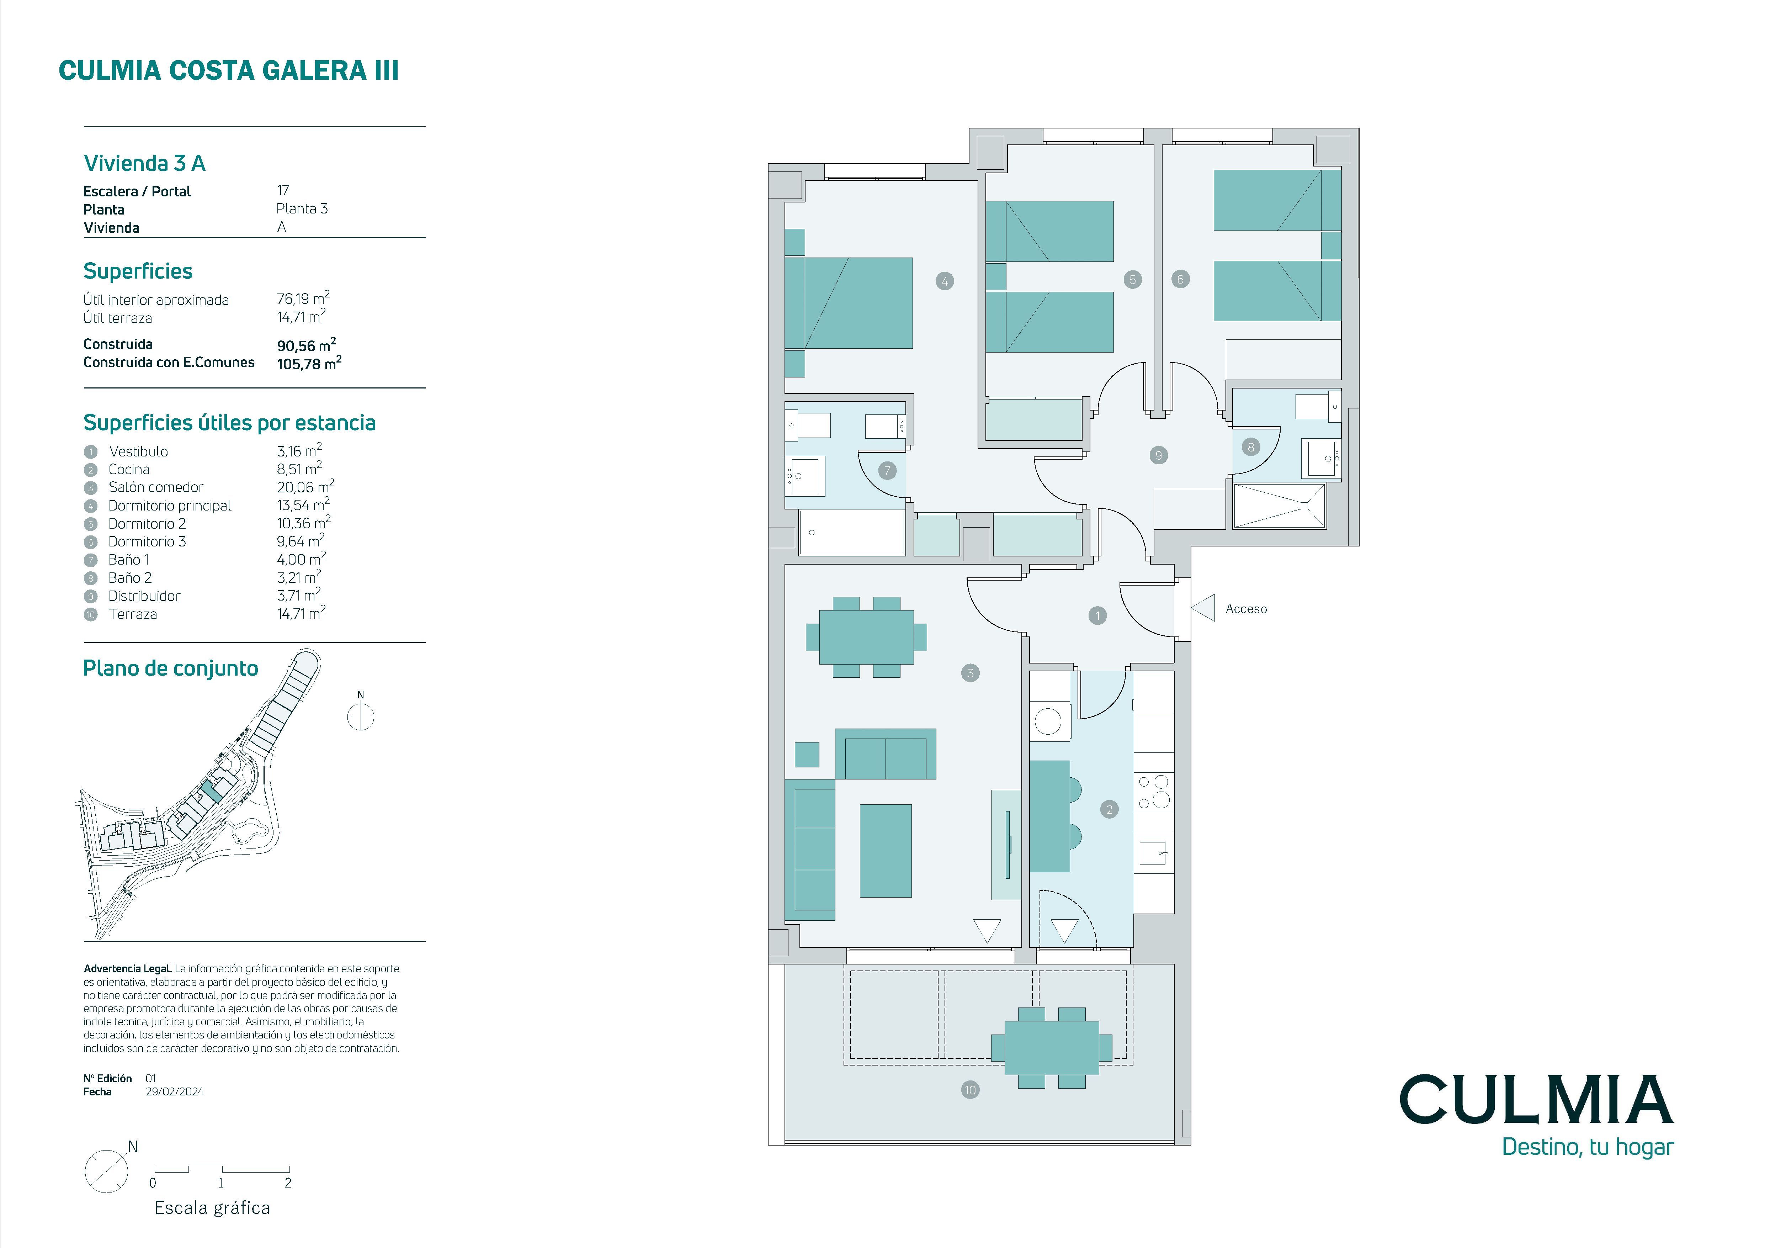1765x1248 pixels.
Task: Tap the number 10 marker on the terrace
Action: (x=970, y=1090)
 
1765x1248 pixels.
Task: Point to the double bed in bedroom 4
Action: (x=849, y=303)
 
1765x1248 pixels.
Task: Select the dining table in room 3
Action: (x=866, y=637)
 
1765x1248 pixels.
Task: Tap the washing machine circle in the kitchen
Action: (x=1048, y=721)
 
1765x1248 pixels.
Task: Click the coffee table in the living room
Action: (x=886, y=851)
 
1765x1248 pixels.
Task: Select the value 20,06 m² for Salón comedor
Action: (x=305, y=486)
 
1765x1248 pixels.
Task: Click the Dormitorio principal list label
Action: (x=170, y=505)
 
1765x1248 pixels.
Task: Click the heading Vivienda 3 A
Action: (x=144, y=163)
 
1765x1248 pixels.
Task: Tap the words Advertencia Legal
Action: (x=128, y=969)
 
